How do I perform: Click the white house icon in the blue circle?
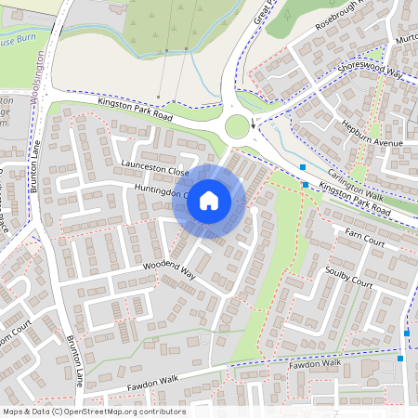point(209,200)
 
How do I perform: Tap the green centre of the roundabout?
point(238,126)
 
